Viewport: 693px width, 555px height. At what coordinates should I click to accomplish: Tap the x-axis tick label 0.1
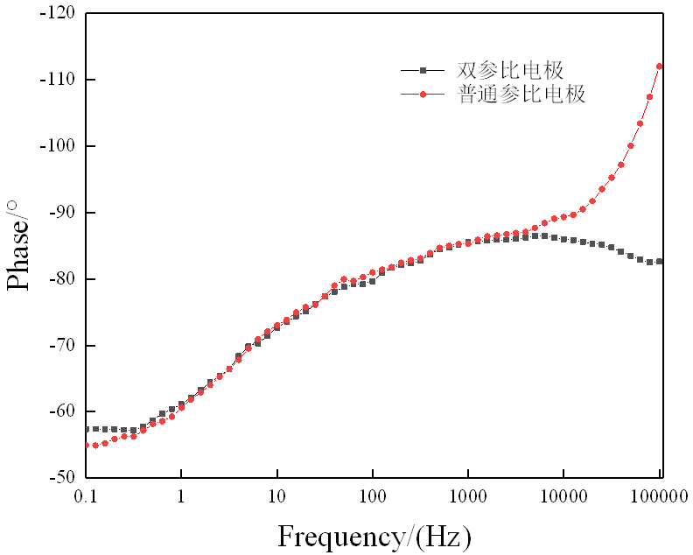point(85,496)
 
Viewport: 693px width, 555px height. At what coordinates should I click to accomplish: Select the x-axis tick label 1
point(181,496)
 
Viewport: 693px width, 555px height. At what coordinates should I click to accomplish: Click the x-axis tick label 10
point(276,496)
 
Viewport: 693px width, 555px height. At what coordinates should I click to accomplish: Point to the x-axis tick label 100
point(373,496)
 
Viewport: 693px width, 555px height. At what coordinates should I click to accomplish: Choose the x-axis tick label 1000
point(468,496)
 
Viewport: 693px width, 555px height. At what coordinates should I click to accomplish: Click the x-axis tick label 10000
point(564,496)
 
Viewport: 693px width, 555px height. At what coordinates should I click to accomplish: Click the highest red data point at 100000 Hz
point(659,67)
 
